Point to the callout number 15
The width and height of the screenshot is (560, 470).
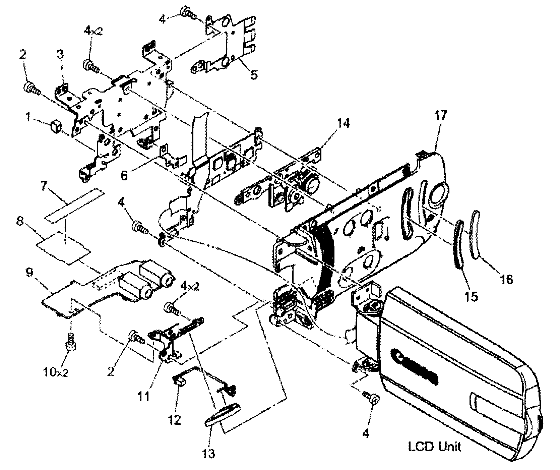(471, 296)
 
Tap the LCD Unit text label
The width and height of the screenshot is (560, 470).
(434, 447)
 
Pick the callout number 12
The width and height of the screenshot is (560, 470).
(175, 419)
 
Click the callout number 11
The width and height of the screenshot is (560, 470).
(145, 398)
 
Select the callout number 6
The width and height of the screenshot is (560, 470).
(124, 175)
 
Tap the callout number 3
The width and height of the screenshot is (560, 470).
(61, 54)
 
